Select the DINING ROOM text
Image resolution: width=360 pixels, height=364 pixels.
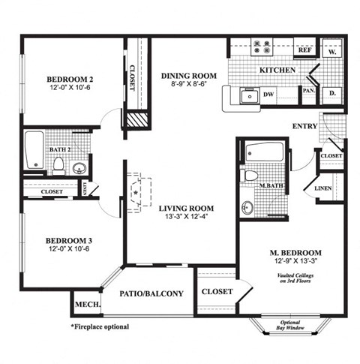[189, 76]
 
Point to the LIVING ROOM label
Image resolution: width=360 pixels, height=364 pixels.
[187, 208]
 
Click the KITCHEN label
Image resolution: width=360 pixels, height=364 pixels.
[276, 70]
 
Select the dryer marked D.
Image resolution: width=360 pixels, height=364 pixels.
[331, 95]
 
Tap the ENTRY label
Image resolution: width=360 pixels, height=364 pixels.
[304, 126]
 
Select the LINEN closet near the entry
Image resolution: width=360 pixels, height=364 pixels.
[323, 188]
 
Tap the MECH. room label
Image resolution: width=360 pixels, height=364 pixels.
[85, 305]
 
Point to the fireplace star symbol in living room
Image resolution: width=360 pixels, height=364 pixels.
[135, 192]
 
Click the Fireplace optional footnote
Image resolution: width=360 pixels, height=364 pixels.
[100, 327]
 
